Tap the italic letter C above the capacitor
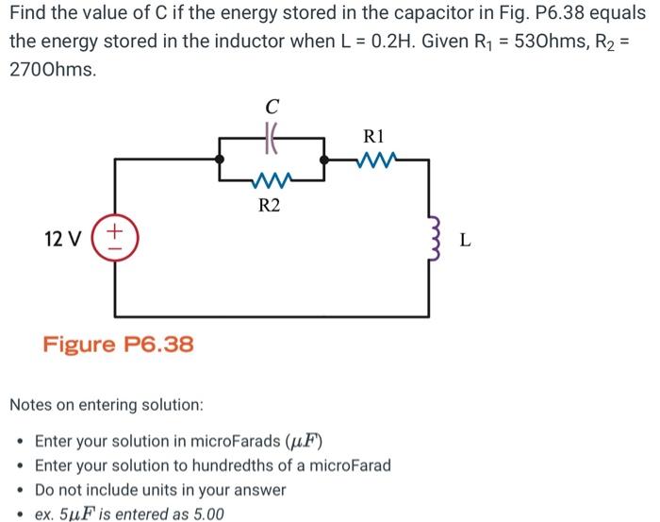tap(272, 105)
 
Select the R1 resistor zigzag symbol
tap(379, 159)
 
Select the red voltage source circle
tap(116, 235)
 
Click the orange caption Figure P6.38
tap(119, 344)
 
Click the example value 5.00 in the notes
tap(206, 514)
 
